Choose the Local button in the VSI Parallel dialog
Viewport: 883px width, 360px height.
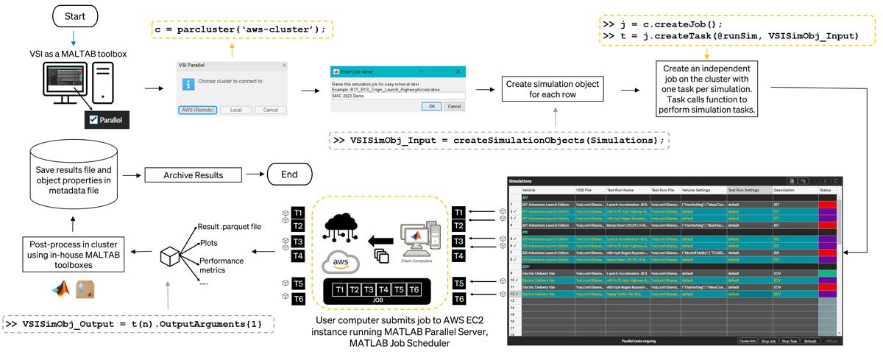click(x=236, y=110)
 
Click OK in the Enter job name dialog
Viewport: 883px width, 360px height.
click(x=432, y=106)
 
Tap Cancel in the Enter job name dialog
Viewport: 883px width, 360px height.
click(x=455, y=106)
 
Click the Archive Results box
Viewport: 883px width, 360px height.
click(x=193, y=175)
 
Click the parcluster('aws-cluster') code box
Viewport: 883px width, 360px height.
click(x=241, y=30)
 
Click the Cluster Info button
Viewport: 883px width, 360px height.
click(x=749, y=342)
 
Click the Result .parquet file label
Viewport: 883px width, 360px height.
click(x=230, y=226)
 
